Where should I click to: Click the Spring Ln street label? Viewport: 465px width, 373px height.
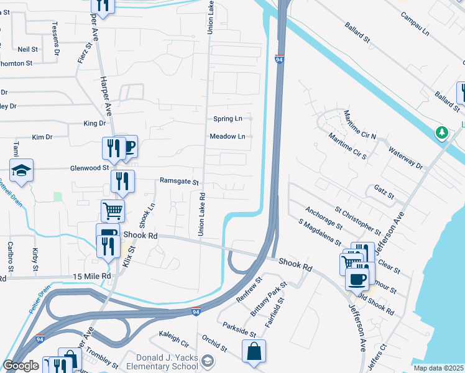pyautogui.click(x=228, y=118)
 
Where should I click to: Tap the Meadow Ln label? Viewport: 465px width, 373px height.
pyautogui.click(x=228, y=136)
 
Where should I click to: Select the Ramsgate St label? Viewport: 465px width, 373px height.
pyautogui.click(x=178, y=183)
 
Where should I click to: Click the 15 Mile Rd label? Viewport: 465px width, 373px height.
pyautogui.click(x=91, y=276)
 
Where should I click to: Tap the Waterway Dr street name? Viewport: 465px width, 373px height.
pyautogui.click(x=405, y=158)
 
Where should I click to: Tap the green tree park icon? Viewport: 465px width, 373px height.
pyautogui.click(x=442, y=132)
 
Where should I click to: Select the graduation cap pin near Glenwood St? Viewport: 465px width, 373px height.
pyautogui.click(x=21, y=170)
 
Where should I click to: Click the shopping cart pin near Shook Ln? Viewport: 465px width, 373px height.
pyautogui.click(x=113, y=210)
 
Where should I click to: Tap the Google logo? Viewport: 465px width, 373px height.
pyautogui.click(x=21, y=366)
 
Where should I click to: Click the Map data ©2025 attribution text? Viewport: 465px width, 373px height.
pyautogui.click(x=438, y=368)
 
